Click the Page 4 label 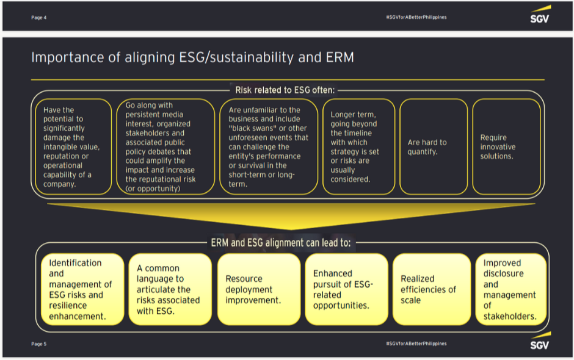(x=38, y=17)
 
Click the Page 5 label (x=38, y=344)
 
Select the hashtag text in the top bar (x=416, y=17)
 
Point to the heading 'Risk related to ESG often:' (x=285, y=90)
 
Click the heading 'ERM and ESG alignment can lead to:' (x=281, y=242)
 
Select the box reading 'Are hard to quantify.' (x=433, y=147)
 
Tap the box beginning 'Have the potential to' (x=71, y=147)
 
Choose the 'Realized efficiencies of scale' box (x=432, y=289)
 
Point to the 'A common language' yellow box (x=169, y=289)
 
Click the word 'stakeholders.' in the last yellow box (x=510, y=316)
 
